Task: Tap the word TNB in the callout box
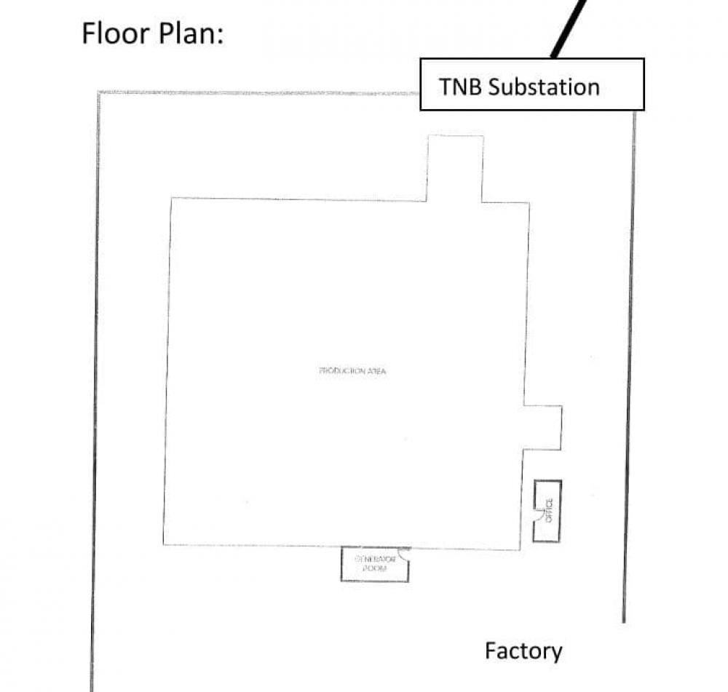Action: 460,87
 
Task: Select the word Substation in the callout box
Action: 544,87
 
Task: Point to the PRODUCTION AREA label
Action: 352,371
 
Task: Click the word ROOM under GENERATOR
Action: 374,568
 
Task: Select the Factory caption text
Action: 523,651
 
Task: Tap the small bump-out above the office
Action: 543,427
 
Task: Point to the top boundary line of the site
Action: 255,93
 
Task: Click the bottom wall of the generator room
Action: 374,581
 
